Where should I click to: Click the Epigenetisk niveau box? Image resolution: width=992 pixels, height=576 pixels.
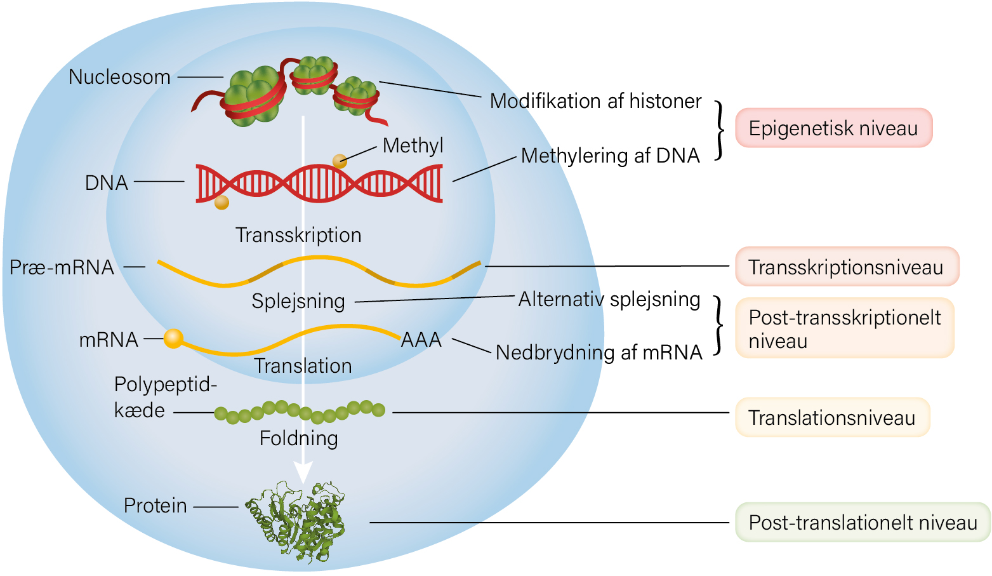834,128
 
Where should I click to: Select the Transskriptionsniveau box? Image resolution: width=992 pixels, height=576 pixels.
847,266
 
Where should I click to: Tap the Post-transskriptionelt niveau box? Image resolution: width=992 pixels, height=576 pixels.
845,328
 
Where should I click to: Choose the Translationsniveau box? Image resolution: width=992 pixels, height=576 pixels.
833,417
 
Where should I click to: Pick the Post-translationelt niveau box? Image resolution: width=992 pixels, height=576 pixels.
863,522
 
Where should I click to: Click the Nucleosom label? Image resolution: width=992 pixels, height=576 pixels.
119,77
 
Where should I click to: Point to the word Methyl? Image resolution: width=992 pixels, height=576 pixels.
413,146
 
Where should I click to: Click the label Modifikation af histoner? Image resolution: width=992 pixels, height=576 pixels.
595,101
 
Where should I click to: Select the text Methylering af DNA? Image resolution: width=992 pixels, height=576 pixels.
611,156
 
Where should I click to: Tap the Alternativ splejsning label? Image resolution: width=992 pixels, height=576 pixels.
609,300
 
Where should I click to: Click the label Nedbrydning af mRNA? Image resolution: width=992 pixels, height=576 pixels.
599,353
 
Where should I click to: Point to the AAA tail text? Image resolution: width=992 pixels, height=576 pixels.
421,340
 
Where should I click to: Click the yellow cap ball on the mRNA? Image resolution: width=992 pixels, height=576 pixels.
173,338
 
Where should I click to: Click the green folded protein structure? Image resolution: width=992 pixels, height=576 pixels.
295,521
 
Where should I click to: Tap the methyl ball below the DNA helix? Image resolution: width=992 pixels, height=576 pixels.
222,203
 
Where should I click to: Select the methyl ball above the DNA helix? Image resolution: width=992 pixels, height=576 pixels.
340,161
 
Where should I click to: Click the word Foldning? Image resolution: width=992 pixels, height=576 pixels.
298,439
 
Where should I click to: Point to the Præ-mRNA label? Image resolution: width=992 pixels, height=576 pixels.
62,267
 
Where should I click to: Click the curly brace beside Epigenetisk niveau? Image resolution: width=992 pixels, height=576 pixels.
719,130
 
